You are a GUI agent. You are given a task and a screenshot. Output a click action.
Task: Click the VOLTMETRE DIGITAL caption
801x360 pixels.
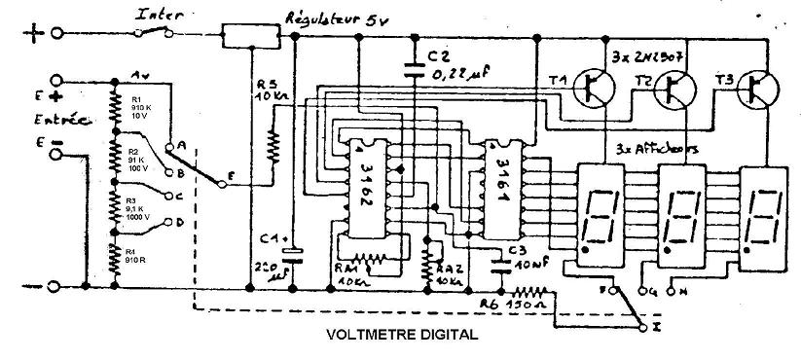point(397,337)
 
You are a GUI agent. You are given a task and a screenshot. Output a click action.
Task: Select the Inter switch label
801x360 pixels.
point(157,15)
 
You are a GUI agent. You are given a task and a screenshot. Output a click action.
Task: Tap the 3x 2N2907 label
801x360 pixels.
point(646,54)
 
